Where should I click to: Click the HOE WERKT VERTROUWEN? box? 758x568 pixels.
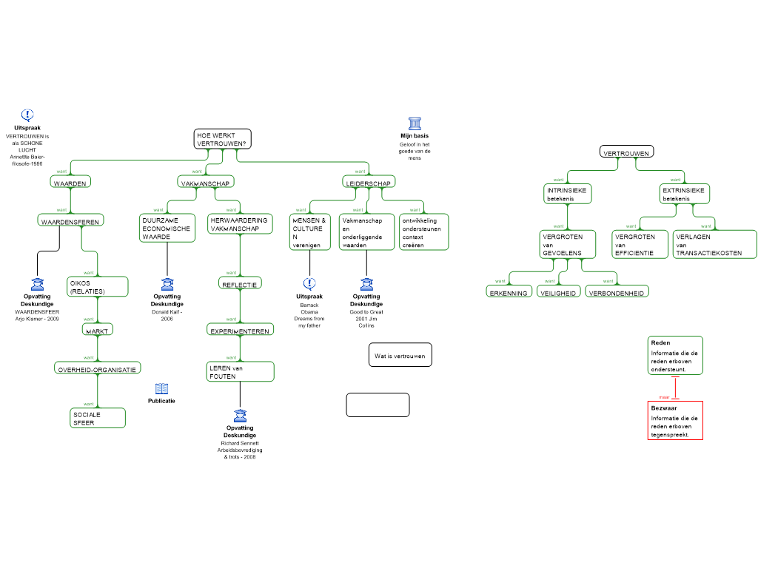coord(222,139)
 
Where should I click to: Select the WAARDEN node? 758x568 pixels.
coord(70,182)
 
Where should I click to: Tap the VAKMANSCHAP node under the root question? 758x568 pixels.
coord(206,182)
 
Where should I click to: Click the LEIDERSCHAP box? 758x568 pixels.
coord(369,182)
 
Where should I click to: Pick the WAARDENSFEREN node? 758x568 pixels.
coord(70,220)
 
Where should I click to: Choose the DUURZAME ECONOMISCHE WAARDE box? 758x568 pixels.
coord(167,228)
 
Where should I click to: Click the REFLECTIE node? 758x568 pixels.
coord(240,283)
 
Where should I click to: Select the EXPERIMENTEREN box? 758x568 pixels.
coord(240,330)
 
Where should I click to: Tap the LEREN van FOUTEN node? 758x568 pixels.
coord(240,371)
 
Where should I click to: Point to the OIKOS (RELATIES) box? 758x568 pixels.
coord(98,287)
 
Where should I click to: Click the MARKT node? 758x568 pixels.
coord(97,330)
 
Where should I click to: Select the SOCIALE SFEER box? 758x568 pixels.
coord(98,418)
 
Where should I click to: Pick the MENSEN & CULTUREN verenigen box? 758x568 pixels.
coord(309,232)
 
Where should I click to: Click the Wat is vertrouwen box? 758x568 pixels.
coord(400,355)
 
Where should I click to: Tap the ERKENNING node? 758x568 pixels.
coord(509,292)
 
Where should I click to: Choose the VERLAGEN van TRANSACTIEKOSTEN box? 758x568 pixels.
coord(714,244)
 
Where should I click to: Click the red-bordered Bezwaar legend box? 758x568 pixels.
coord(674,421)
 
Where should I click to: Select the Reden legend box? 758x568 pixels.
coord(674,356)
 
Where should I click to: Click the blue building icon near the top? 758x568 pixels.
coord(415,124)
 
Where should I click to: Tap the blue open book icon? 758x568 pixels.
coord(161,389)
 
